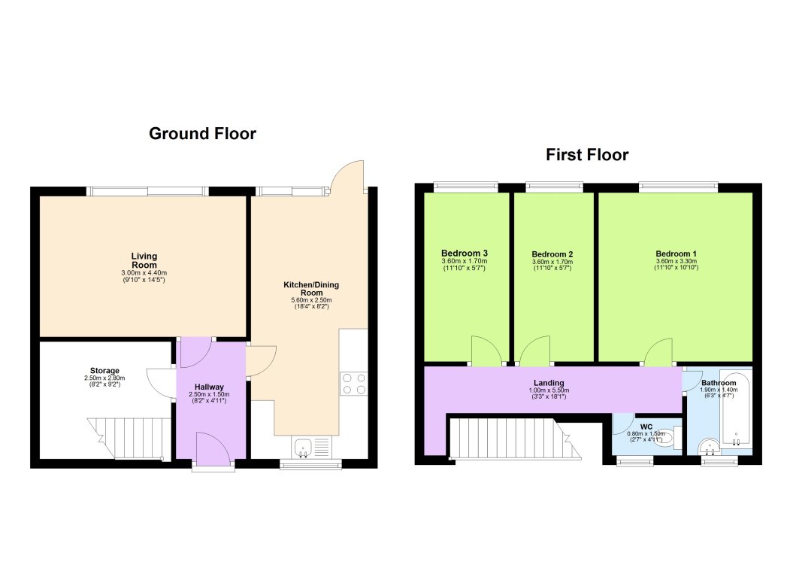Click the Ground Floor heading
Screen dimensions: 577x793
pyautogui.click(x=202, y=134)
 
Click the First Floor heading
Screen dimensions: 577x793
pyautogui.click(x=587, y=155)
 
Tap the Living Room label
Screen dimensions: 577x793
pyautogui.click(x=144, y=260)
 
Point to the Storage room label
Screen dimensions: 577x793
pyautogui.click(x=104, y=371)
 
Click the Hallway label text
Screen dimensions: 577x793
pyautogui.click(x=210, y=387)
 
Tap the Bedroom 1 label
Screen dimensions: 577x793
pyautogui.click(x=676, y=254)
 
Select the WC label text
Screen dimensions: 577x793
pyautogui.click(x=646, y=427)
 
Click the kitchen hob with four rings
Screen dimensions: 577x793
pyautogui.click(x=353, y=384)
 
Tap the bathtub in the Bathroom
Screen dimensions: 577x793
pyautogui.click(x=736, y=407)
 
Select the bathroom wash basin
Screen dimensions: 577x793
pyautogui.click(x=708, y=449)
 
